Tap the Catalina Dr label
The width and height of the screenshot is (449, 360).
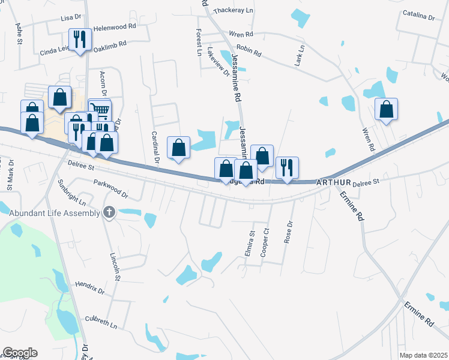click(418, 16)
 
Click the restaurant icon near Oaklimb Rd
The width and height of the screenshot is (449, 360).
click(80, 40)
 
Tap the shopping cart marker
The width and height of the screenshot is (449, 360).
click(100, 109)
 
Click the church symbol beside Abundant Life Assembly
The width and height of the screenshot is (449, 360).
click(109, 212)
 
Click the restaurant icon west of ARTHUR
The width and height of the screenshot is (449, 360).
click(287, 167)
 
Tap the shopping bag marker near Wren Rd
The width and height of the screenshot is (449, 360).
click(387, 109)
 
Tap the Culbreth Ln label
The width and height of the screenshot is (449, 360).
click(100, 321)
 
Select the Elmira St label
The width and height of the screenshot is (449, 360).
click(250, 243)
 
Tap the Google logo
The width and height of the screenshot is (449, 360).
click(19, 352)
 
